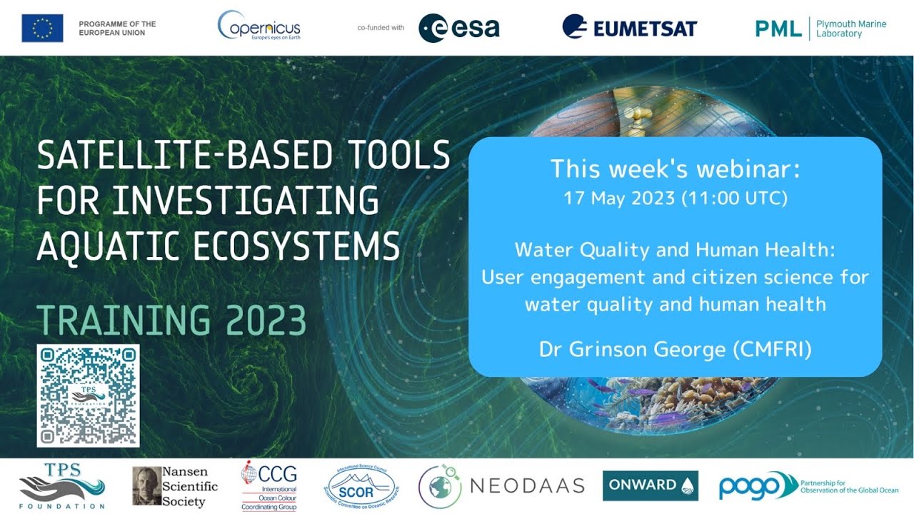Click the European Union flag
click(42, 28)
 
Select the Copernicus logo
click(258, 27)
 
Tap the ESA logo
click(458, 28)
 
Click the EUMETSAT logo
click(629, 28)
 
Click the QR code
click(88, 395)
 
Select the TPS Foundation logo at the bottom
click(61, 486)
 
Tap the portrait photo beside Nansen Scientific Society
click(146, 486)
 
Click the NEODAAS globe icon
click(440, 486)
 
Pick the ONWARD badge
click(650, 485)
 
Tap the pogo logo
click(750, 485)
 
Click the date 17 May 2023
click(619, 198)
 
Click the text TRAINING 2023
click(171, 321)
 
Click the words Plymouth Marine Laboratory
click(851, 29)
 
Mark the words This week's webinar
click(676, 169)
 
